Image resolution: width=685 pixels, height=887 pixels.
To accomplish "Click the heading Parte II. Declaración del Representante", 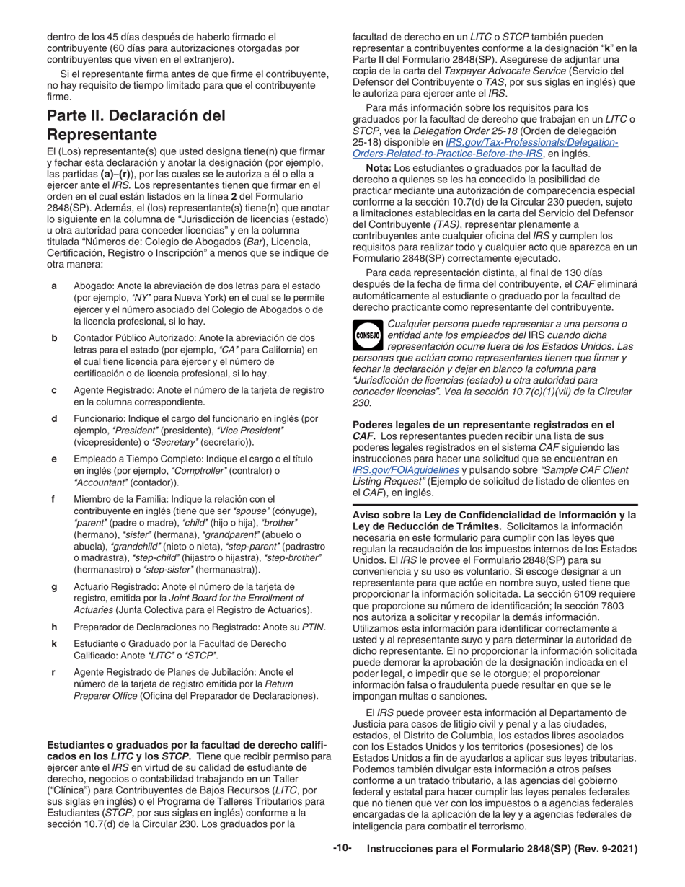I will pyautogui.click(x=136, y=125).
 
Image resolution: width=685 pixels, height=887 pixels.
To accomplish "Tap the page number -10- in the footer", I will pyautogui.click(x=342, y=849).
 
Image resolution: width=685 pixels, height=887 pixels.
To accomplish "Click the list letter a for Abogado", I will pyautogui.click(x=54, y=286).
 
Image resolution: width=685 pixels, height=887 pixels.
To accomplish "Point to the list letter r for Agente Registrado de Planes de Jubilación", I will pyautogui.click(x=54, y=671).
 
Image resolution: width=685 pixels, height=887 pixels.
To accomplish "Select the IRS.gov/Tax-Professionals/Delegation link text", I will pyautogui.click(x=532, y=142).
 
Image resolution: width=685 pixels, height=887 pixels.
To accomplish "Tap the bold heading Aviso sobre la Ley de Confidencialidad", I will pyautogui.click(x=494, y=515).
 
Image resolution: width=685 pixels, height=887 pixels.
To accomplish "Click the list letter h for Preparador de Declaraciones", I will pyautogui.click(x=54, y=627).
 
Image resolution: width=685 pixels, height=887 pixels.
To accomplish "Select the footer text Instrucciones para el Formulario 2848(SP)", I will pyautogui.click(x=503, y=849).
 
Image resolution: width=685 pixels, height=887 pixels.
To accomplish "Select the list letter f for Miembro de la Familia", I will pyautogui.click(x=54, y=499).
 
